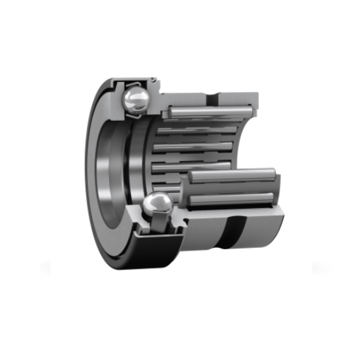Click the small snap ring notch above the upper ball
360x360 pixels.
coord(153,79)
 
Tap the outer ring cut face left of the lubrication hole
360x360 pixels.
coord(186,97)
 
